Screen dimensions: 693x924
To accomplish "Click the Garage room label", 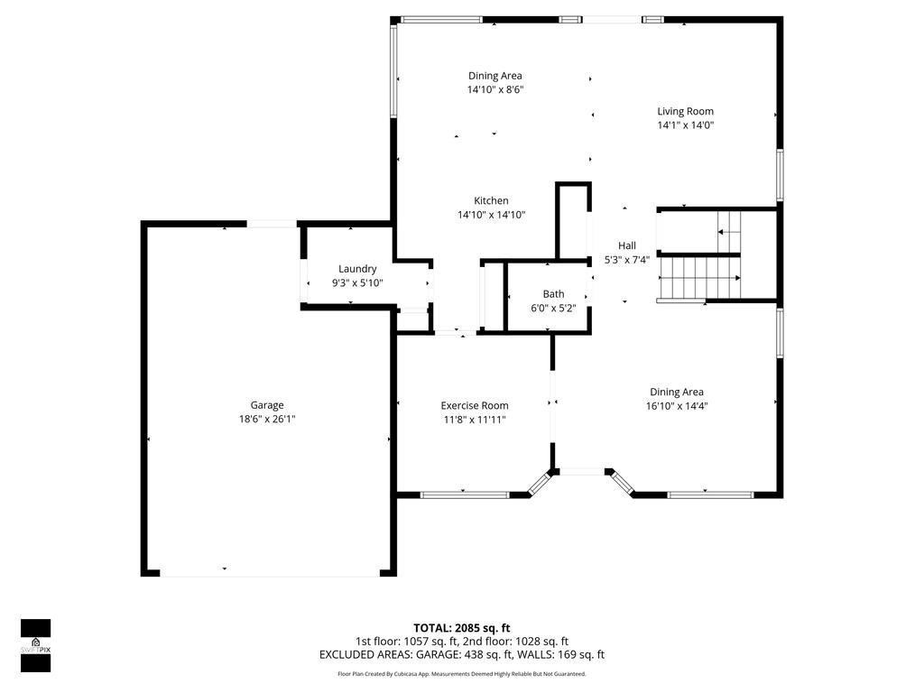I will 267,405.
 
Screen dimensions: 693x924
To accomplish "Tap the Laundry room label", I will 357,269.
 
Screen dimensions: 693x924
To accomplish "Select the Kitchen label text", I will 491,200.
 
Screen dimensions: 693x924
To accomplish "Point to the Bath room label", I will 553,294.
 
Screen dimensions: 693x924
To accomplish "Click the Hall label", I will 627,245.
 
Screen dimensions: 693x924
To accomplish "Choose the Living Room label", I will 685,112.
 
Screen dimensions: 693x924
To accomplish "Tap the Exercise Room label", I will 474,406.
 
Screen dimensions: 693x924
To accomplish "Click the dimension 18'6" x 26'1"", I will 267,419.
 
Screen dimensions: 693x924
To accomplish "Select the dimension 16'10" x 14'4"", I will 677,406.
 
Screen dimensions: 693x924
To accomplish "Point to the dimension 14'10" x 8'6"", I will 495,89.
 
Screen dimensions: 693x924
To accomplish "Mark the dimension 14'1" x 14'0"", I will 685,125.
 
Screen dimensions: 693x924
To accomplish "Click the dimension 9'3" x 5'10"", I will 357,282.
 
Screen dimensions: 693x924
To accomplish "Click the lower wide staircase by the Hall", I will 700,278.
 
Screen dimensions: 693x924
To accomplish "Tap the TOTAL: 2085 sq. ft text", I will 462,628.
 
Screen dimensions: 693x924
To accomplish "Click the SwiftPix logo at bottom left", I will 36,645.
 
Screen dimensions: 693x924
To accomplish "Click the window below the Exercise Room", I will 465,494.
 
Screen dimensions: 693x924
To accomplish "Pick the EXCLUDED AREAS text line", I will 462,655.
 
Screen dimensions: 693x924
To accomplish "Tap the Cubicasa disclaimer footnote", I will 462,674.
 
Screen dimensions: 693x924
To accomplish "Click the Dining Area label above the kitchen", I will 495,76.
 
